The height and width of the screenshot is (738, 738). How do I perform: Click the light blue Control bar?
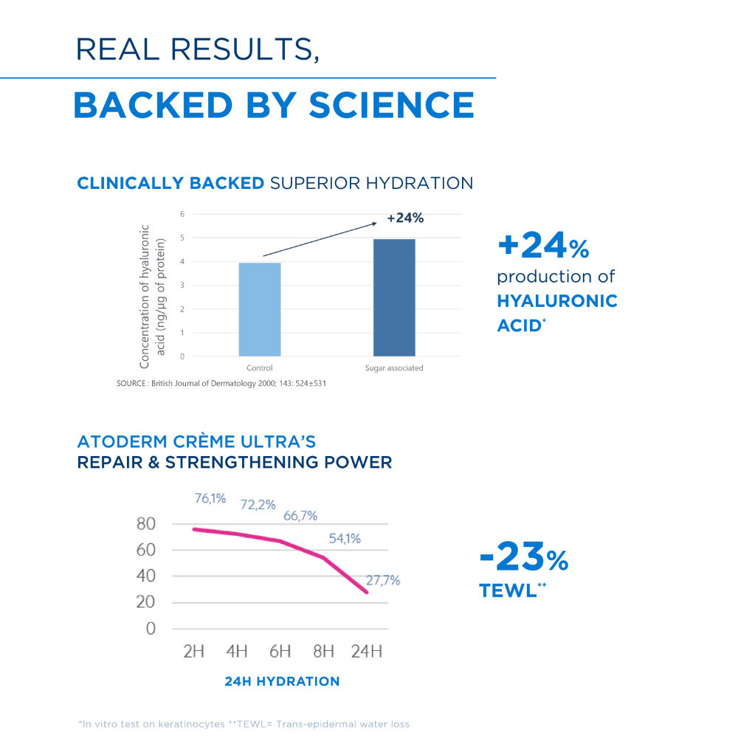tap(259, 309)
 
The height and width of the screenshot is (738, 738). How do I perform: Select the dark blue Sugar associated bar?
tap(394, 297)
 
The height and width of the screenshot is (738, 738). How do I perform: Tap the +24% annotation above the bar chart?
tap(405, 218)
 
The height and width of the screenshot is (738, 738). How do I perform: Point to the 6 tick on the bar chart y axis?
tap(182, 214)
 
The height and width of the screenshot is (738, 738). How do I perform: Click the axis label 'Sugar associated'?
tap(394, 368)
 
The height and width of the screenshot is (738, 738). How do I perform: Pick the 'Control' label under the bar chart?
tap(259, 368)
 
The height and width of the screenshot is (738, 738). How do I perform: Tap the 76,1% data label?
tap(210, 498)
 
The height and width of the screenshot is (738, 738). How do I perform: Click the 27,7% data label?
tap(382, 580)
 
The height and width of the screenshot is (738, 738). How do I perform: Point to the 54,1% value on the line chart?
tap(345, 539)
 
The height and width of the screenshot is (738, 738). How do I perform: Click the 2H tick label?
tap(193, 652)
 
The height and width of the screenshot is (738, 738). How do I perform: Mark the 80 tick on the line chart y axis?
tap(147, 524)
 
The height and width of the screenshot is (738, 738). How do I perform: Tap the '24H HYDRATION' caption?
tap(282, 681)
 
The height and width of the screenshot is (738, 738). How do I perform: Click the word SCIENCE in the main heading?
tap(391, 105)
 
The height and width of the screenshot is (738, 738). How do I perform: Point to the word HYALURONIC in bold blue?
tap(557, 301)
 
